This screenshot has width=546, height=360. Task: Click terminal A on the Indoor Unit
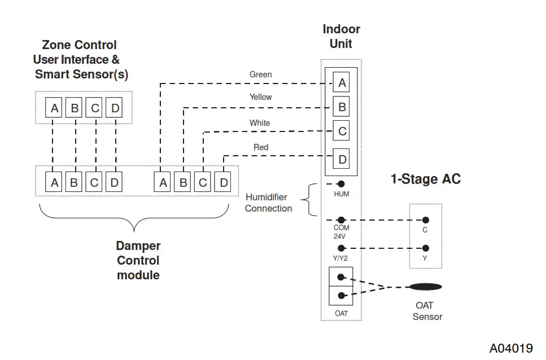pos(342,84)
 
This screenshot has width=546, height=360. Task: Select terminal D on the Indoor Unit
pos(342,160)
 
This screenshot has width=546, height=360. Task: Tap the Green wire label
pos(260,74)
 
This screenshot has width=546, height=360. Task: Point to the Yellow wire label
pos(260,97)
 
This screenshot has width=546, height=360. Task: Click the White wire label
pos(260,123)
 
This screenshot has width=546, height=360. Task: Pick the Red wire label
pos(261,147)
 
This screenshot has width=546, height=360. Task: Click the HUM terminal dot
pos(341,184)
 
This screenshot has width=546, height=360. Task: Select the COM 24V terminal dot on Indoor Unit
pos(341,220)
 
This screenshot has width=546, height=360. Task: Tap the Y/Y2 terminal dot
pos(341,248)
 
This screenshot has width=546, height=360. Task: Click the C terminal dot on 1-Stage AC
pos(425,220)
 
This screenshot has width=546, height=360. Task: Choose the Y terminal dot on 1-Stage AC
pos(425,248)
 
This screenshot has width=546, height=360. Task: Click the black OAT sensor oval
pos(426,287)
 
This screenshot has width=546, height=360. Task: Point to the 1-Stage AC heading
pos(426,179)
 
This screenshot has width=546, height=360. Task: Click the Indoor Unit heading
pos(341,36)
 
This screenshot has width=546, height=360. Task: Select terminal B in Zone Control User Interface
pos(75,108)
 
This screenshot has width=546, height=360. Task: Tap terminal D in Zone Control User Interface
pos(115,108)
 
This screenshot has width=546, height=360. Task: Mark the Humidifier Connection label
pos(268,203)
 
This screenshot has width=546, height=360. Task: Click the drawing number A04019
pos(511,348)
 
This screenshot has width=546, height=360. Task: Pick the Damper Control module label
pos(138,261)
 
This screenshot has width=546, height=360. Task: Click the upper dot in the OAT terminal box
pos(340,277)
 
